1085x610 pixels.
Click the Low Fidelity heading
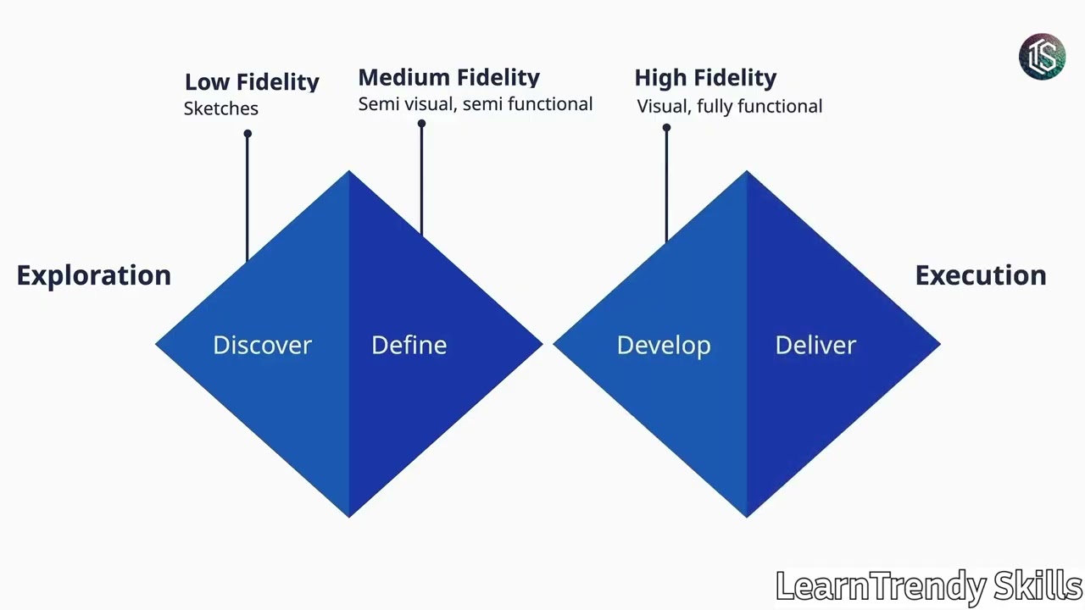click(x=252, y=82)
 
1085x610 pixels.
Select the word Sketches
click(x=220, y=108)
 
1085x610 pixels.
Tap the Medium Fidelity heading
click(x=448, y=78)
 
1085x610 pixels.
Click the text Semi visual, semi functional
click(x=475, y=104)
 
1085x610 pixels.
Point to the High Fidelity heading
click(x=705, y=78)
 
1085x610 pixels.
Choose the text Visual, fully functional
click(x=729, y=106)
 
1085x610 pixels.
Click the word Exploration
click(x=93, y=275)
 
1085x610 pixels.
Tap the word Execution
click(x=980, y=275)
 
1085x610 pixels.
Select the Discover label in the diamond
click(x=262, y=345)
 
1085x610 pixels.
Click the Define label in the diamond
click(x=409, y=345)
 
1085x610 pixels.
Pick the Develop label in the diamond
click(x=663, y=345)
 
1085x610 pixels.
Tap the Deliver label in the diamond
click(x=815, y=345)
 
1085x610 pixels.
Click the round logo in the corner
click(x=1042, y=57)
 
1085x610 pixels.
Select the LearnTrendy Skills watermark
click(x=929, y=586)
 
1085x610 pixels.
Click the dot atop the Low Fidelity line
click(x=248, y=134)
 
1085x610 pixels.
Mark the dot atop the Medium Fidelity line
click(x=421, y=125)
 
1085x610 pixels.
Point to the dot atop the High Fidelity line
click(x=666, y=128)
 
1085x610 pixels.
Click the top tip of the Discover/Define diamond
click(x=349, y=174)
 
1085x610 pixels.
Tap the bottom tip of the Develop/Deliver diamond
click(x=747, y=513)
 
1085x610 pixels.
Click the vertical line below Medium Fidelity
click(x=421, y=178)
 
